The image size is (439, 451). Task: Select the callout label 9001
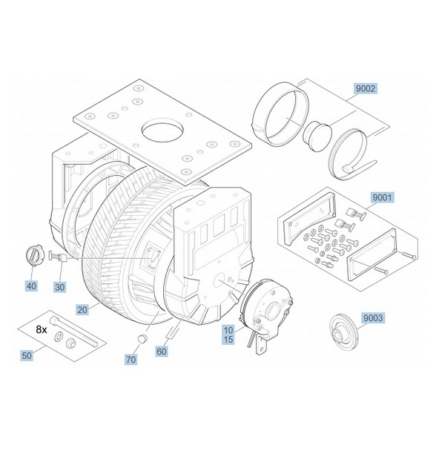[383, 198]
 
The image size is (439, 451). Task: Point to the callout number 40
[31, 286]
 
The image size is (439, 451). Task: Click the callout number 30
[60, 286]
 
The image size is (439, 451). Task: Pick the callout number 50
[27, 356]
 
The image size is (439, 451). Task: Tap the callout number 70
[131, 358]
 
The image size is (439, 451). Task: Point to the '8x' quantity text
[43, 327]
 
